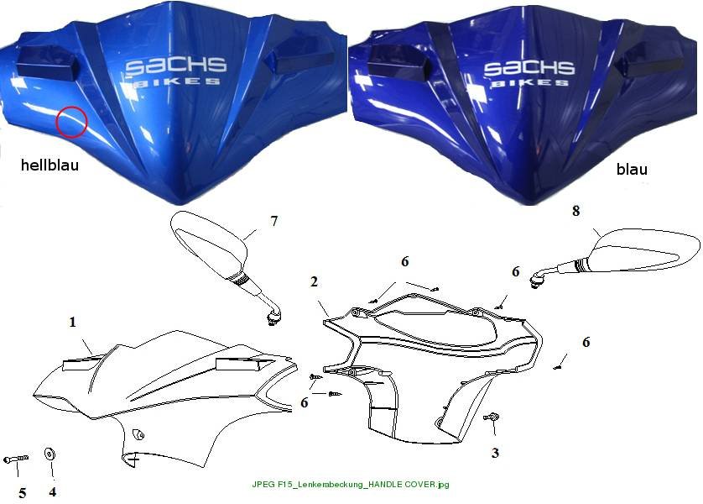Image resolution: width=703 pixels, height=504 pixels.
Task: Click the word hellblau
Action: pos(49,165)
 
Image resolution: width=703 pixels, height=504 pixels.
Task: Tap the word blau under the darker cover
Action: pos(632,169)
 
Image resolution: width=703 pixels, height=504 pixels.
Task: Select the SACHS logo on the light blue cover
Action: pos(176,66)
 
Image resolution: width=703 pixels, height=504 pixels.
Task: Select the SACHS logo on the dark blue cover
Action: pos(529,68)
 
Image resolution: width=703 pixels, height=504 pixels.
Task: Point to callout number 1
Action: pos(72,322)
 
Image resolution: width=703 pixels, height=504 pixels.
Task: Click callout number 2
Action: pos(314,281)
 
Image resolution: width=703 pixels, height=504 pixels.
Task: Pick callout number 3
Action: pos(495,453)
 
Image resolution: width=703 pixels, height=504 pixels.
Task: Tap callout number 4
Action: pos(53,492)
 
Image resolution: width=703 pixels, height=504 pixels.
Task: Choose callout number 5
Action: pos(23,494)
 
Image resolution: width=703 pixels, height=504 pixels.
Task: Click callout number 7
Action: pos(274,221)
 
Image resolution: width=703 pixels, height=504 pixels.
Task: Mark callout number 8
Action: pos(576,211)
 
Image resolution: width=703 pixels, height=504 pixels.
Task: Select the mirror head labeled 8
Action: pos(646,250)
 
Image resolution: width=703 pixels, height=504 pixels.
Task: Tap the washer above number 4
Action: pos(49,454)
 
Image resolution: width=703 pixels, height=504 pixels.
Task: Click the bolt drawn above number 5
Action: pos(16,459)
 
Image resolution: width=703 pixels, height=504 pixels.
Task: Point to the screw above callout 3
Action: pos(492,417)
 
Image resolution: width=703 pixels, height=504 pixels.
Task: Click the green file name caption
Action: pos(351,484)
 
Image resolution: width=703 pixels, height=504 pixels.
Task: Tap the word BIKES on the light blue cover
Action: pos(178,81)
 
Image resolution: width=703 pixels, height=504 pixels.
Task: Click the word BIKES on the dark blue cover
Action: pos(530,83)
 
